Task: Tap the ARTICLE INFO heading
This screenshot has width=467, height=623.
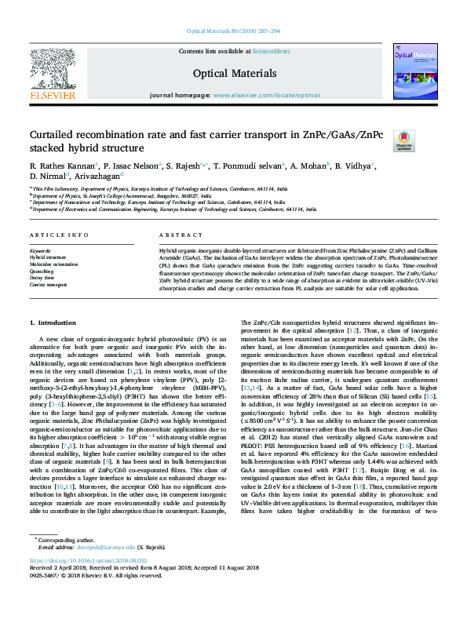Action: [x=53, y=235]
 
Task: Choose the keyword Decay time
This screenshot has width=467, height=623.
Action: [x=42, y=277]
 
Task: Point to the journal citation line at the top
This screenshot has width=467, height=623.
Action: [x=233, y=31]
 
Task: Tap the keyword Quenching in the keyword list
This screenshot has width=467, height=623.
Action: [x=43, y=271]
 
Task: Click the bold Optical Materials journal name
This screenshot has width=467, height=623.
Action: [x=233, y=72]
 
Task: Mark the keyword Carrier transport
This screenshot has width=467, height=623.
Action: [x=49, y=284]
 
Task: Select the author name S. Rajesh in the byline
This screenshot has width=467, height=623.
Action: [x=185, y=166]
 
